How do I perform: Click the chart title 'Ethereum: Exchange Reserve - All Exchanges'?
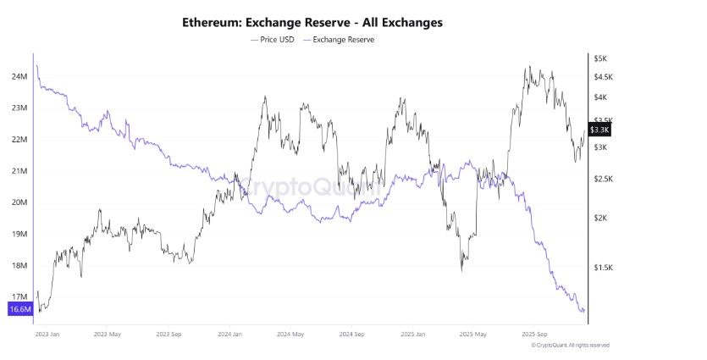pos(312,22)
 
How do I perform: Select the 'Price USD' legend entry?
pos(273,39)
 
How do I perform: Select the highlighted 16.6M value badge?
pos(19,309)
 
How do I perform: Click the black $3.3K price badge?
pos(599,130)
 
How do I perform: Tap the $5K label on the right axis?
pos(599,58)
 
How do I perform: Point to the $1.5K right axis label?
pos(602,268)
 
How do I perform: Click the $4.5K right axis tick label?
pos(602,77)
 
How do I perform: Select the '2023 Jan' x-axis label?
pos(47,334)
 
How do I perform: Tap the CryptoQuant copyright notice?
pos(570,346)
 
